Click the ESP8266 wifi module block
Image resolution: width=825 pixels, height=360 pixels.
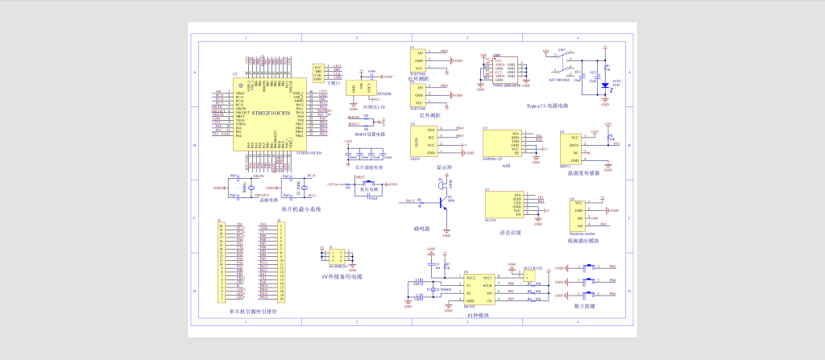click(x=501, y=143)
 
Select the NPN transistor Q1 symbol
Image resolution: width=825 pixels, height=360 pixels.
click(x=442, y=204)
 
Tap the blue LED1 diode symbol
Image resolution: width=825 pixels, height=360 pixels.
click(x=604, y=85)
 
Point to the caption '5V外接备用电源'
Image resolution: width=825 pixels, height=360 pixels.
click(x=342, y=277)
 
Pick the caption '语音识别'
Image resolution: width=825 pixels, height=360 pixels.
click(x=510, y=231)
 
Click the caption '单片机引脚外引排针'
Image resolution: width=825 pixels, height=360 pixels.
click(x=252, y=310)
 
